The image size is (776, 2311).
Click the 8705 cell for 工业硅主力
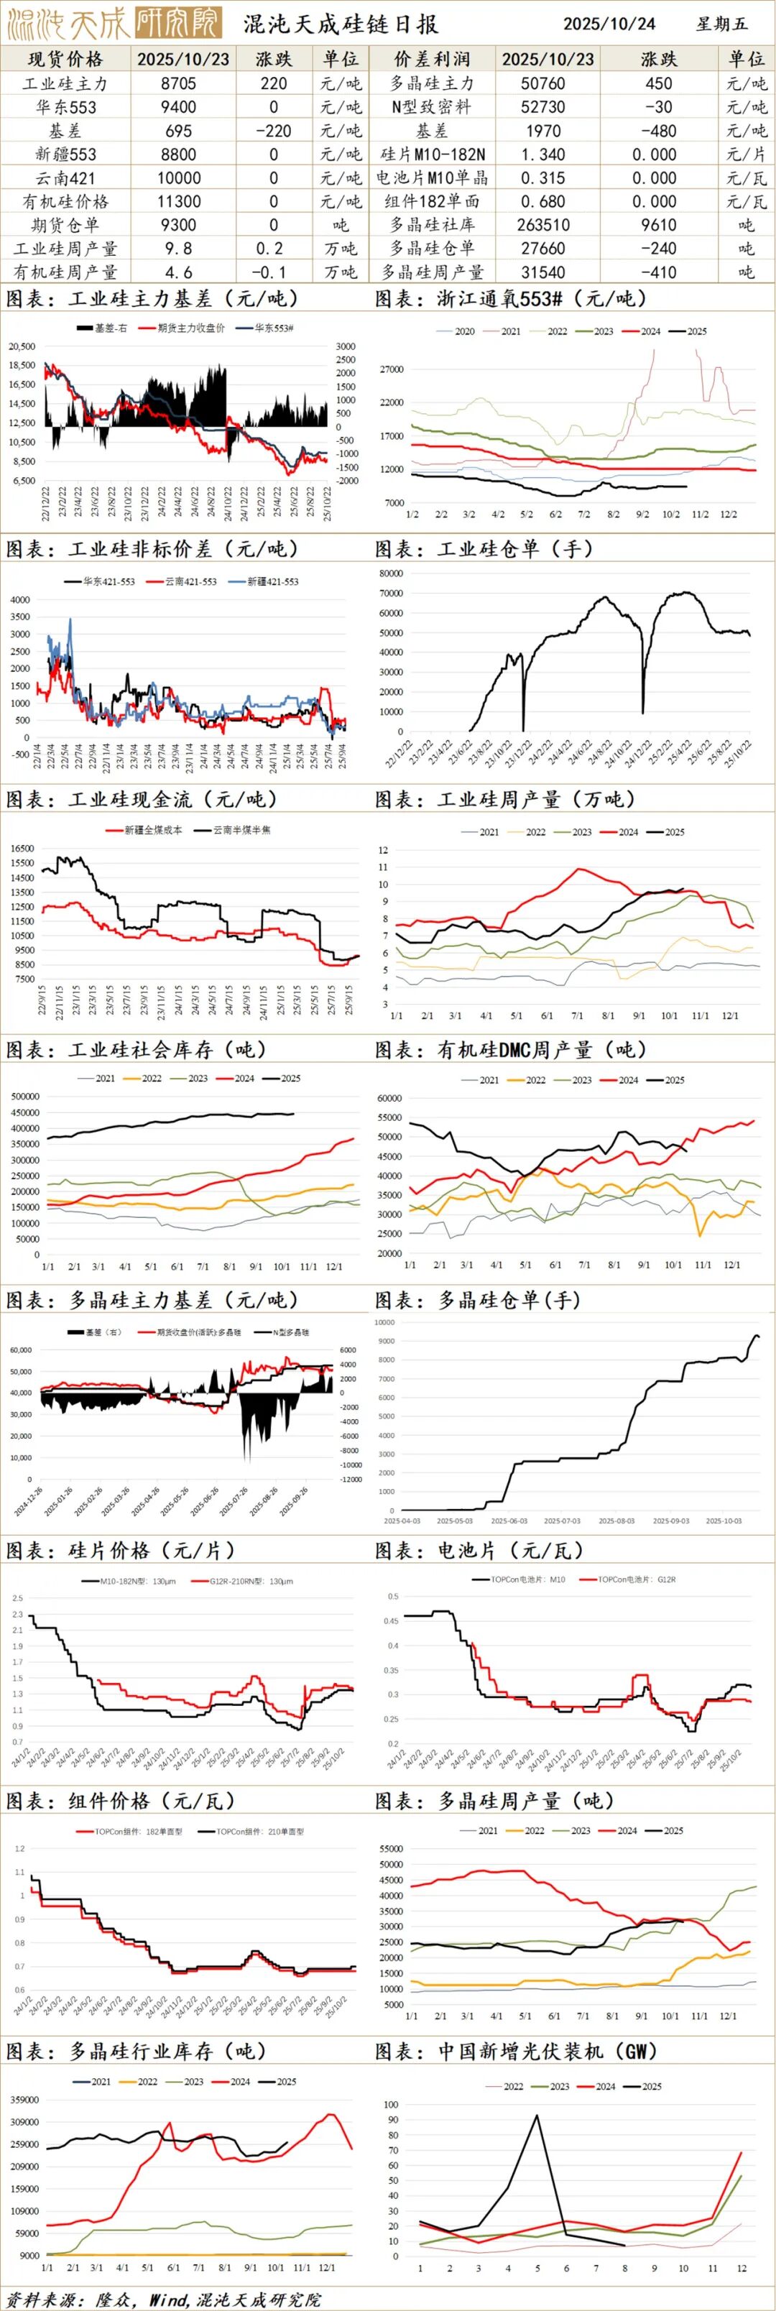click(x=183, y=83)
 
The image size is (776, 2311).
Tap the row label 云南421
click(x=65, y=177)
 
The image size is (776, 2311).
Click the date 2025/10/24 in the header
click(x=609, y=23)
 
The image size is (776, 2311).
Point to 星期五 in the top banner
click(x=721, y=23)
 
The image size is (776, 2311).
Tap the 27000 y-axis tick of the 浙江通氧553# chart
click(x=392, y=369)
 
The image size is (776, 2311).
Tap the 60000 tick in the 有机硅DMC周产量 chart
click(x=389, y=1098)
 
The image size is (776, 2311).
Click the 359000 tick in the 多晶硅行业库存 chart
click(x=24, y=2100)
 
